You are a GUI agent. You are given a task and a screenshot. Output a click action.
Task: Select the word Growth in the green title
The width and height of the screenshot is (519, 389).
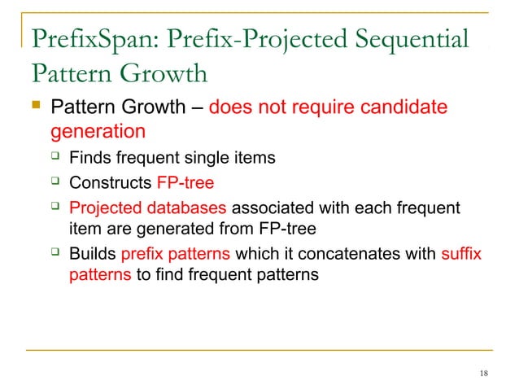tap(159, 74)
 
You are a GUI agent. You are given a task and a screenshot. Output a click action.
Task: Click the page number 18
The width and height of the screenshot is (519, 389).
tap(484, 374)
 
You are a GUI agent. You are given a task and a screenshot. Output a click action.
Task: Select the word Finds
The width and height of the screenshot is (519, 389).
tap(90, 157)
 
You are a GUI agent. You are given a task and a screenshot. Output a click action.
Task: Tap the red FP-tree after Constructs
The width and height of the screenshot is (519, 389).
tap(185, 182)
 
